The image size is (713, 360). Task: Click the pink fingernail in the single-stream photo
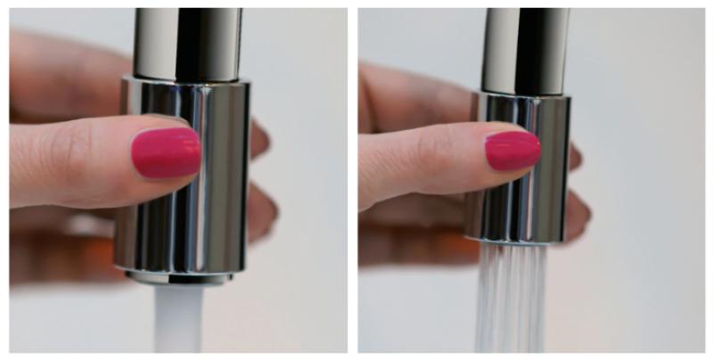click(x=167, y=151)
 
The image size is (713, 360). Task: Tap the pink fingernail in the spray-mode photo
click(x=512, y=150)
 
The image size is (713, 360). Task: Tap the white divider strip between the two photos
click(x=353, y=178)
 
